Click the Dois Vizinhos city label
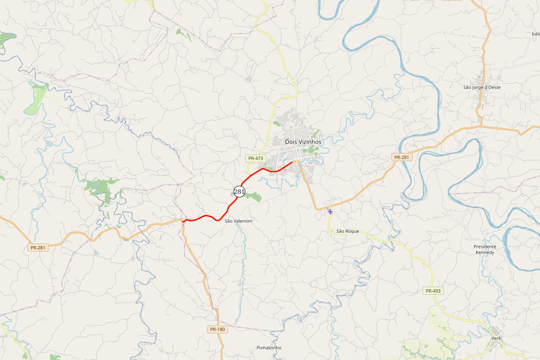[303, 142]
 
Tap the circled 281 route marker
[239, 191]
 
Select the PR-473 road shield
[255, 158]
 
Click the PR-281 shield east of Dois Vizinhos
[401, 157]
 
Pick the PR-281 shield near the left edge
[38, 247]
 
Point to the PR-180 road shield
[218, 329]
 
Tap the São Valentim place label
[238, 221]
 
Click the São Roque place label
[347, 231]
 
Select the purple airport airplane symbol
[330, 211]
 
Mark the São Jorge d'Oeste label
[482, 87]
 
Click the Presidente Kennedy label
[485, 249]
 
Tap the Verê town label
[496, 338]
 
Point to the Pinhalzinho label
[269, 348]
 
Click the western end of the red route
[183, 221]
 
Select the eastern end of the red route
[293, 162]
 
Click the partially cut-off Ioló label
[535, 33]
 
